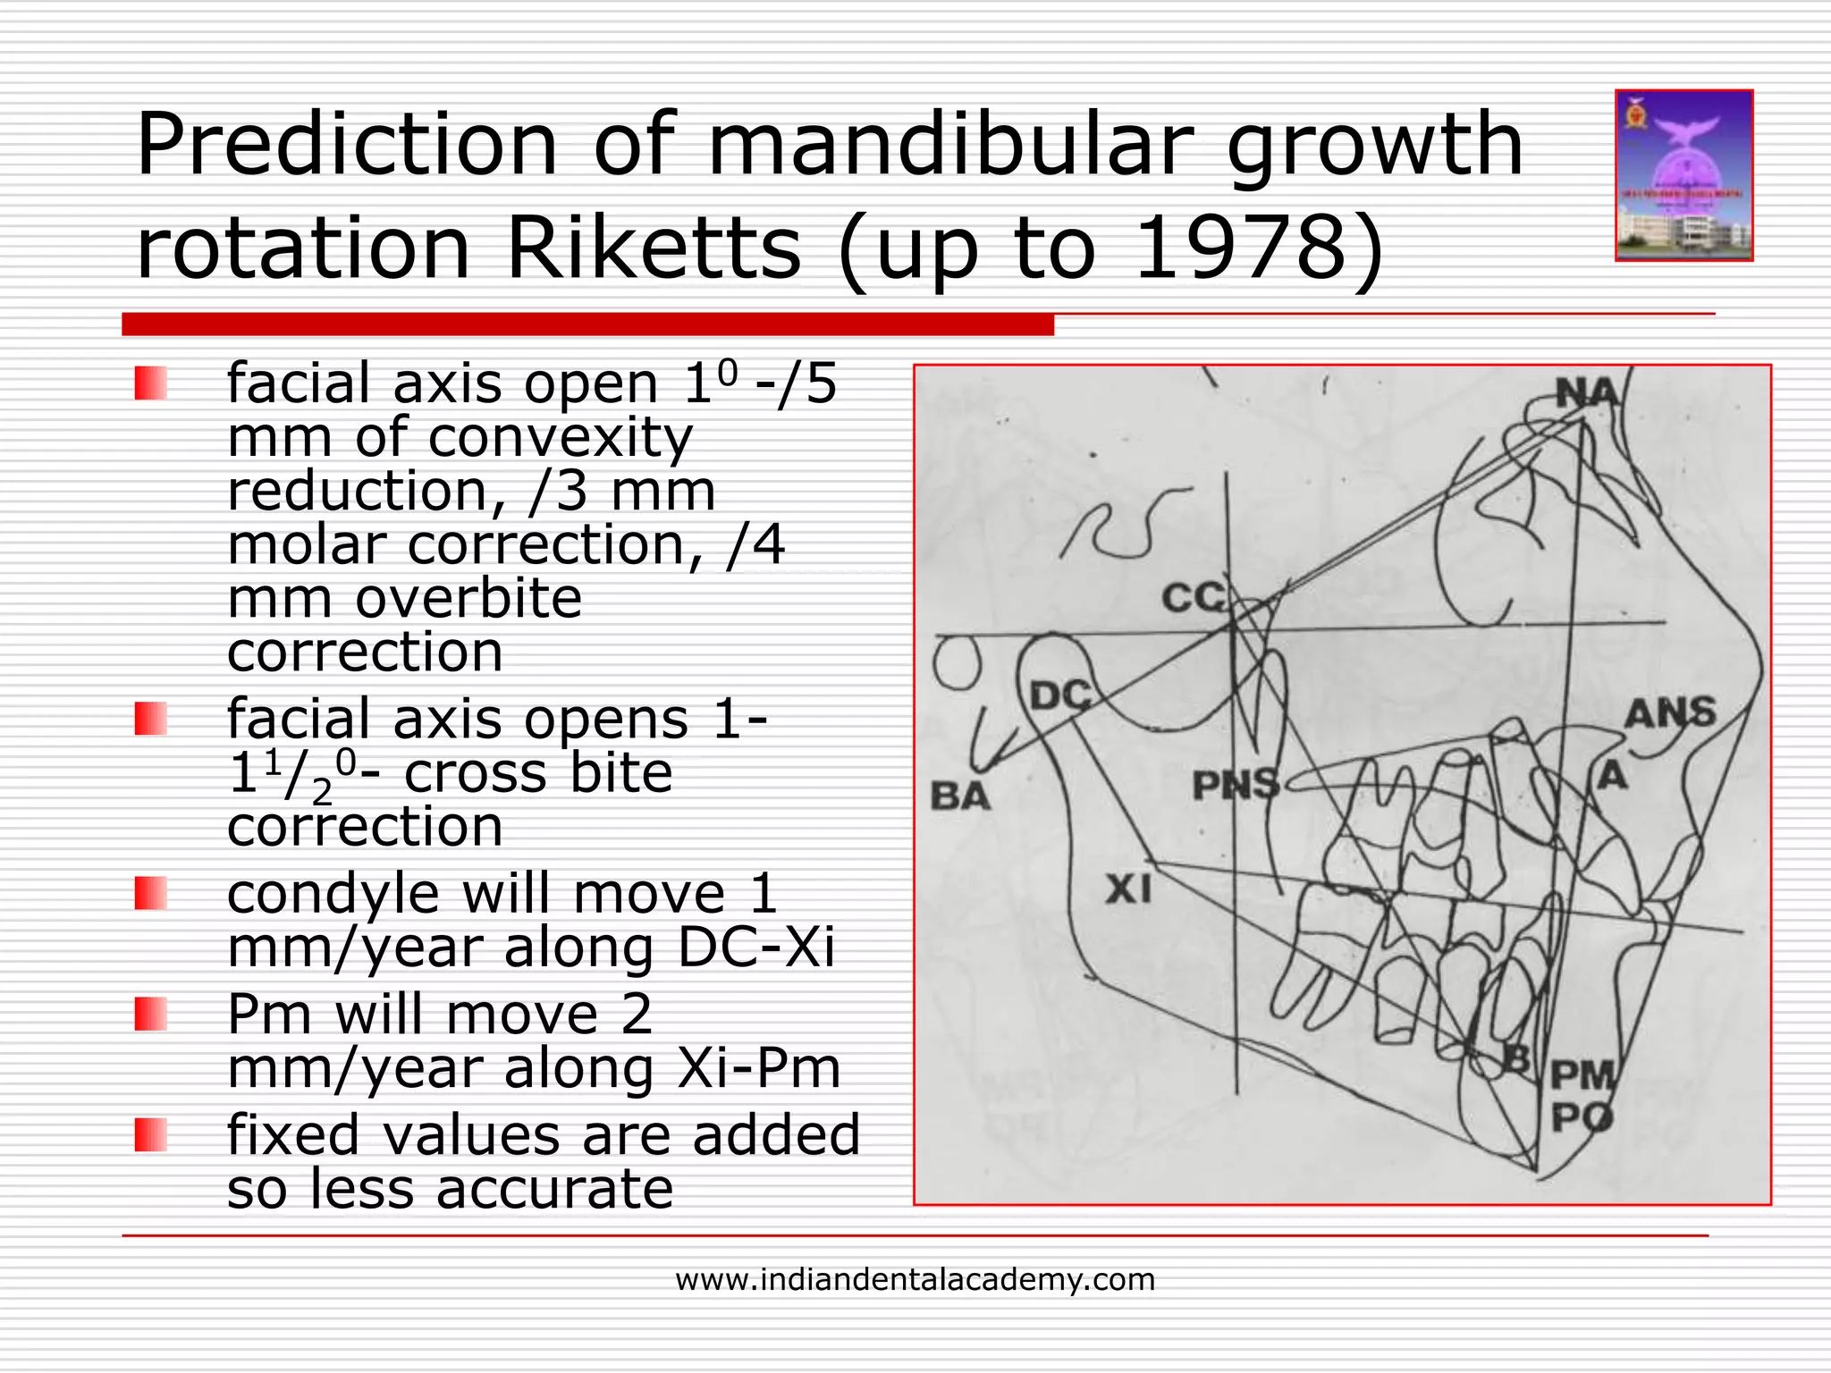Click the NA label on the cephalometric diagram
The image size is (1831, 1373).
pyautogui.click(x=1587, y=393)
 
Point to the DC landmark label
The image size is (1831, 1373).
pyautogui.click(x=1060, y=695)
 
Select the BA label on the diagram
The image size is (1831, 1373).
pyautogui.click(x=960, y=796)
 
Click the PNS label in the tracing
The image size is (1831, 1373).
pyautogui.click(x=1236, y=786)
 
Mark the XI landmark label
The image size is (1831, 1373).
pyautogui.click(x=1128, y=889)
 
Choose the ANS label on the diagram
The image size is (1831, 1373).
pyautogui.click(x=1670, y=713)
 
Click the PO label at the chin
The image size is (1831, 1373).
pyautogui.click(x=1582, y=1117)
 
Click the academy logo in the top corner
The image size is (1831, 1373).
pyautogui.click(x=1683, y=175)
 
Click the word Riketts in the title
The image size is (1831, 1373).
pyautogui.click(x=654, y=248)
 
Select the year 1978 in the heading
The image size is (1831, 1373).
pyautogui.click(x=1243, y=248)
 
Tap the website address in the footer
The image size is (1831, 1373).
pyautogui.click(x=915, y=1280)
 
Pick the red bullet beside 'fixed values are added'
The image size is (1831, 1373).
pyautogui.click(x=151, y=1135)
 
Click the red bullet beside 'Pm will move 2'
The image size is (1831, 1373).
pyautogui.click(x=151, y=1015)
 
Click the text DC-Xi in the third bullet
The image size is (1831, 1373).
pyautogui.click(x=755, y=948)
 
